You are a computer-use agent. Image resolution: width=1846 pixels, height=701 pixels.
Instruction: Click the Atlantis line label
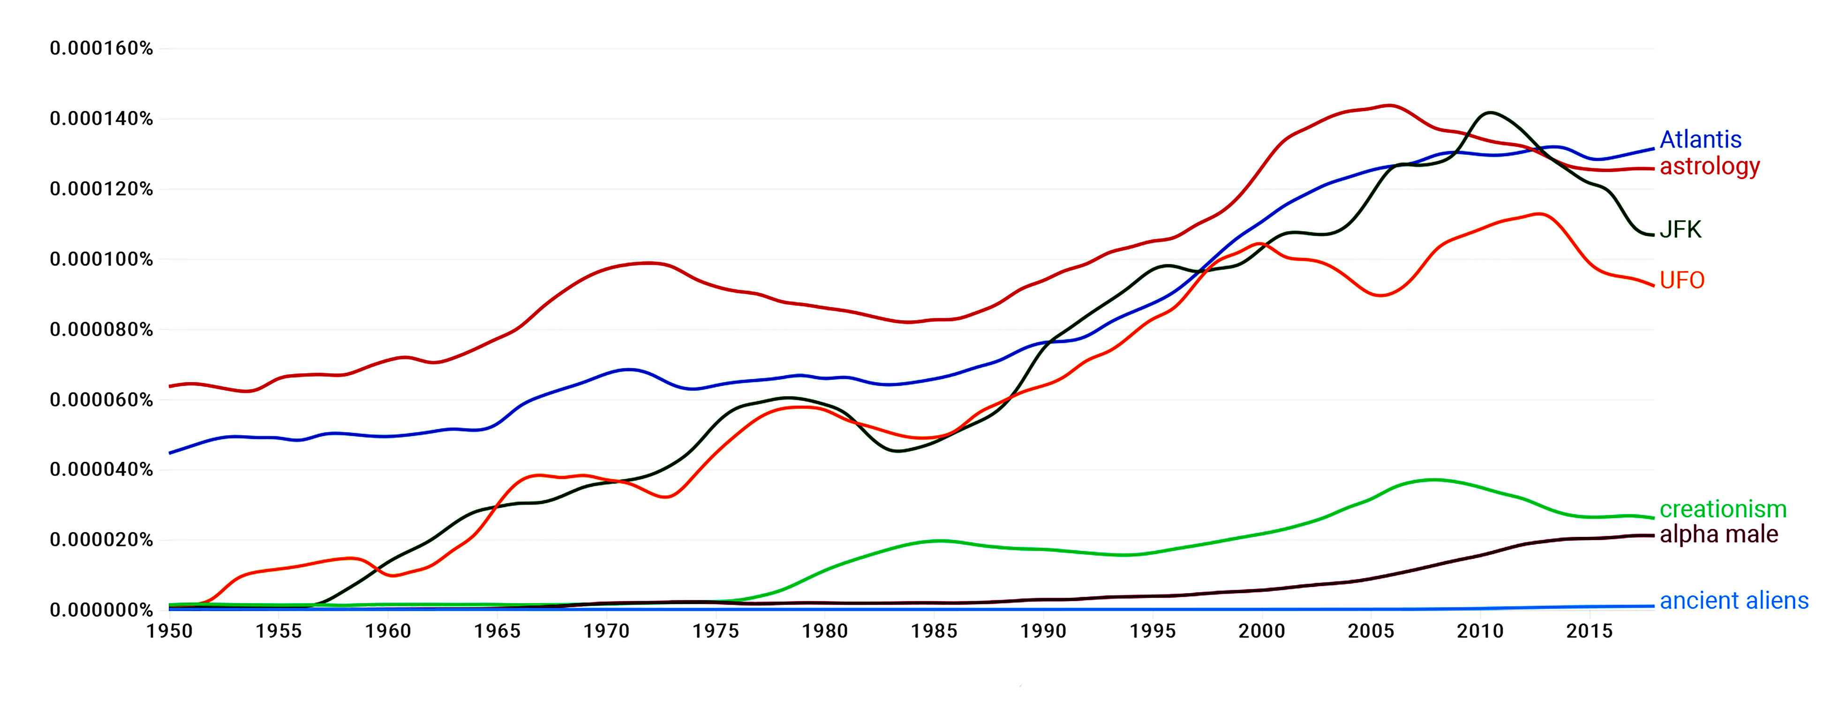[1700, 139]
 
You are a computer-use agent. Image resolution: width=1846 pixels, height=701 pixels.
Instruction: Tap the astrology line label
[1709, 166]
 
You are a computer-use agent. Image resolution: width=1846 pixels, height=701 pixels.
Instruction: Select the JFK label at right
[1680, 229]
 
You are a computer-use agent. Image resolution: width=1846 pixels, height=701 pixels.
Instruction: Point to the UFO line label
[1682, 280]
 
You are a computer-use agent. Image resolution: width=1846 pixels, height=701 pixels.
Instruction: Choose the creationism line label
[1723, 510]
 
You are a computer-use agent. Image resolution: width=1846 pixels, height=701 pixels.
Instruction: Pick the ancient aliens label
[1733, 601]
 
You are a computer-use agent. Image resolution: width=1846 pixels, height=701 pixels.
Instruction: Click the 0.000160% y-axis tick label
[101, 49]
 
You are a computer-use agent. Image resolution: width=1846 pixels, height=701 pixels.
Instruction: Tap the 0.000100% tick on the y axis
[101, 259]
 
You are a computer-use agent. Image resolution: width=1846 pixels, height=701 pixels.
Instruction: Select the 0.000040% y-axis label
[101, 470]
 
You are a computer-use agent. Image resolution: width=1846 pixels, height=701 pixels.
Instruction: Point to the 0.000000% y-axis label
[101, 611]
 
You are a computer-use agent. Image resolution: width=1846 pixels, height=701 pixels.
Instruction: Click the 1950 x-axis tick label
[170, 632]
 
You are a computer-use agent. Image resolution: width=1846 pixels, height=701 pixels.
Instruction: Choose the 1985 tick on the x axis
[934, 632]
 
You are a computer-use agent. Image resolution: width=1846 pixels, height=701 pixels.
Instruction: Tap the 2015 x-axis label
[1590, 632]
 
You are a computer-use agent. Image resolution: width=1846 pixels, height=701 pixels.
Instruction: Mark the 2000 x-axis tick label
[1262, 632]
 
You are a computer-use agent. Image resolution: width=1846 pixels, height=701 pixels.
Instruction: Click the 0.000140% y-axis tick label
[101, 119]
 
